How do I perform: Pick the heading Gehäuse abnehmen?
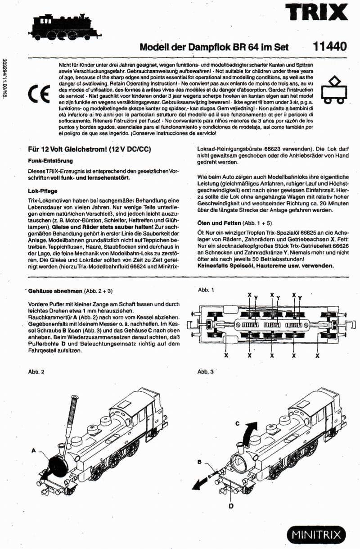(x=49, y=291)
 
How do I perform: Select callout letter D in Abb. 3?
(x=230, y=506)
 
